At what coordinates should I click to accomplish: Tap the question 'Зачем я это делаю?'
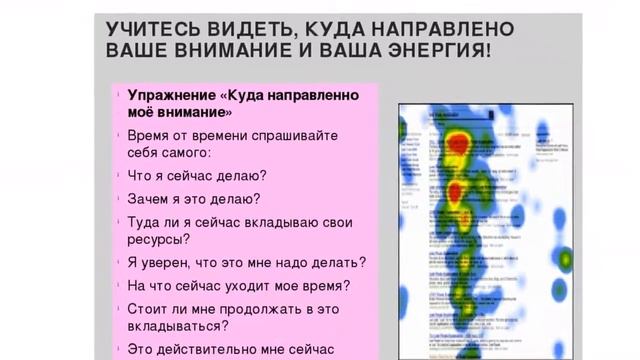point(194,199)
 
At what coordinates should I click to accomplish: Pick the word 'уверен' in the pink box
point(168,262)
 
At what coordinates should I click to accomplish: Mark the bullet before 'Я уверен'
point(118,263)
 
